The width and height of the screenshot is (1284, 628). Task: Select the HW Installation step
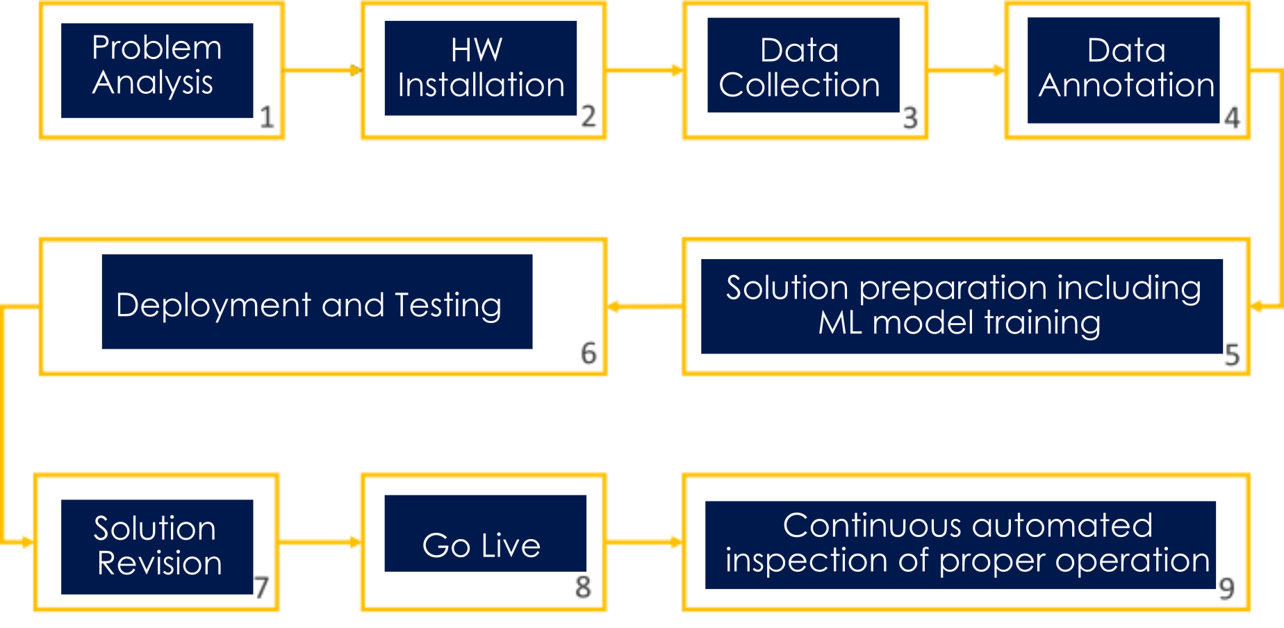(x=481, y=68)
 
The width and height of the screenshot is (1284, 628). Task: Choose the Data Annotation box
(x=1124, y=69)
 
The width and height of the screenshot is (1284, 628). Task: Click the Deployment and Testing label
(x=309, y=304)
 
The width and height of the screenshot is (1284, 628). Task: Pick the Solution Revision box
(x=157, y=546)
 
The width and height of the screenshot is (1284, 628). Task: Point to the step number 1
(x=267, y=117)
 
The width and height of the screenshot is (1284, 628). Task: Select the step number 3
(x=910, y=117)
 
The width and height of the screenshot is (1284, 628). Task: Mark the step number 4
(x=1233, y=117)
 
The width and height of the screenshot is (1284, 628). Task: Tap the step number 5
(x=1233, y=354)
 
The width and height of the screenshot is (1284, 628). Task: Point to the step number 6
(x=588, y=353)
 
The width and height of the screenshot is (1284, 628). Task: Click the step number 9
(x=1226, y=589)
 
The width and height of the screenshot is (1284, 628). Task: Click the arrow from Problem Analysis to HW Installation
(x=322, y=70)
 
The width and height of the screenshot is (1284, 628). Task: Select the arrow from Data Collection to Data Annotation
(x=966, y=70)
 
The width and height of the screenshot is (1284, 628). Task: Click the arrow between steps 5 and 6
(x=644, y=306)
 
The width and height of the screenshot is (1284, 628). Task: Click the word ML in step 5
(x=839, y=323)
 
